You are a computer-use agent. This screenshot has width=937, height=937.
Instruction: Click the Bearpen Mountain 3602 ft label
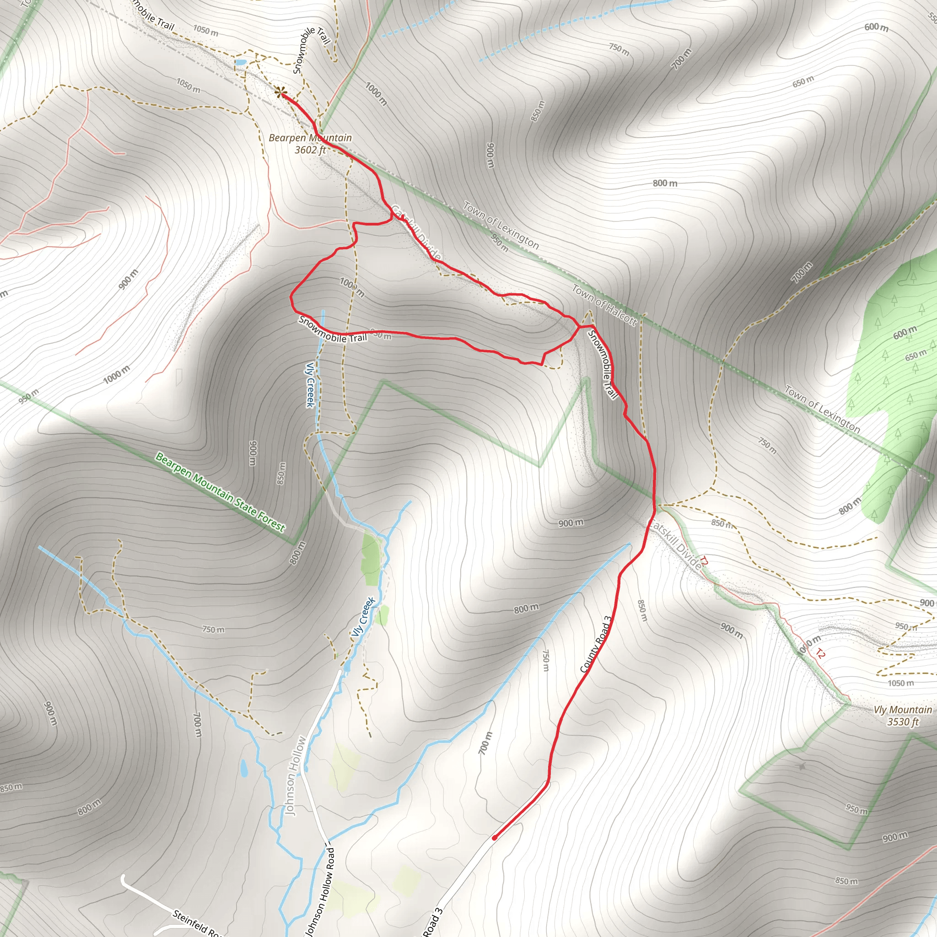[310, 144]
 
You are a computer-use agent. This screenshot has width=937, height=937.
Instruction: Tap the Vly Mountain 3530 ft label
[903, 716]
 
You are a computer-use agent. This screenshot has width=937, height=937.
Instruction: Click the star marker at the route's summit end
[280, 92]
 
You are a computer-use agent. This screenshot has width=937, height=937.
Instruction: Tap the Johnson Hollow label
[296, 775]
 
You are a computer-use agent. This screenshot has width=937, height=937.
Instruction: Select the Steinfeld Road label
[197, 922]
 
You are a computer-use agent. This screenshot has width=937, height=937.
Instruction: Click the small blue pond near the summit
[240, 62]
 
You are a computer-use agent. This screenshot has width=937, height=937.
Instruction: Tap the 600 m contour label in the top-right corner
[876, 27]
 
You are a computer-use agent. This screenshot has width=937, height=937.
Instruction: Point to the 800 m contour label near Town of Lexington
[665, 183]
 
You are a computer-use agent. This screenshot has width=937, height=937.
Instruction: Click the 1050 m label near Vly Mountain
[900, 683]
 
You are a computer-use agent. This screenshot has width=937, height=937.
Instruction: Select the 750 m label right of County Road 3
[546, 661]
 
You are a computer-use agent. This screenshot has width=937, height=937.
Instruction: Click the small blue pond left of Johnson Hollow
[243, 767]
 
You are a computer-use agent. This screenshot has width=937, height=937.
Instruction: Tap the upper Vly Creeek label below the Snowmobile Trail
[310, 385]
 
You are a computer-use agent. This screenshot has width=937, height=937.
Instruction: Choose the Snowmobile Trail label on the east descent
[603, 364]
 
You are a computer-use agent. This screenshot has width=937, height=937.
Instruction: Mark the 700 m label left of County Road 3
[485, 743]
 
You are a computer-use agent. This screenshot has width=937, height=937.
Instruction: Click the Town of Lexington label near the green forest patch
[823, 409]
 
